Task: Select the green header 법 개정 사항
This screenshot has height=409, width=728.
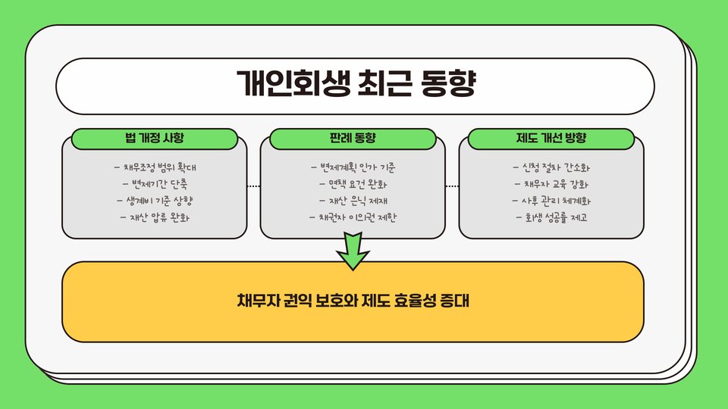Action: [x=155, y=139]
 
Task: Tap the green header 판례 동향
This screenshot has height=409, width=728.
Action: [x=353, y=139]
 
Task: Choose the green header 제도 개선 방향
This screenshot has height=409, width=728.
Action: [x=551, y=139]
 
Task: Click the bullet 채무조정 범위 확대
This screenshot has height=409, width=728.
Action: [x=159, y=167]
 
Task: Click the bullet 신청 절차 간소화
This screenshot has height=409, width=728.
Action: [x=551, y=167]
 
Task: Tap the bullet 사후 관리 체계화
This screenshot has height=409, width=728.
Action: [x=551, y=201]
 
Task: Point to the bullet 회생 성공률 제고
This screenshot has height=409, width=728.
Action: [x=551, y=218]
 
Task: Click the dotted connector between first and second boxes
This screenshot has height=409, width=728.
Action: [x=253, y=186]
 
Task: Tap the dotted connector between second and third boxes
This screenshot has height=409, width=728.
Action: [x=452, y=186]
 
